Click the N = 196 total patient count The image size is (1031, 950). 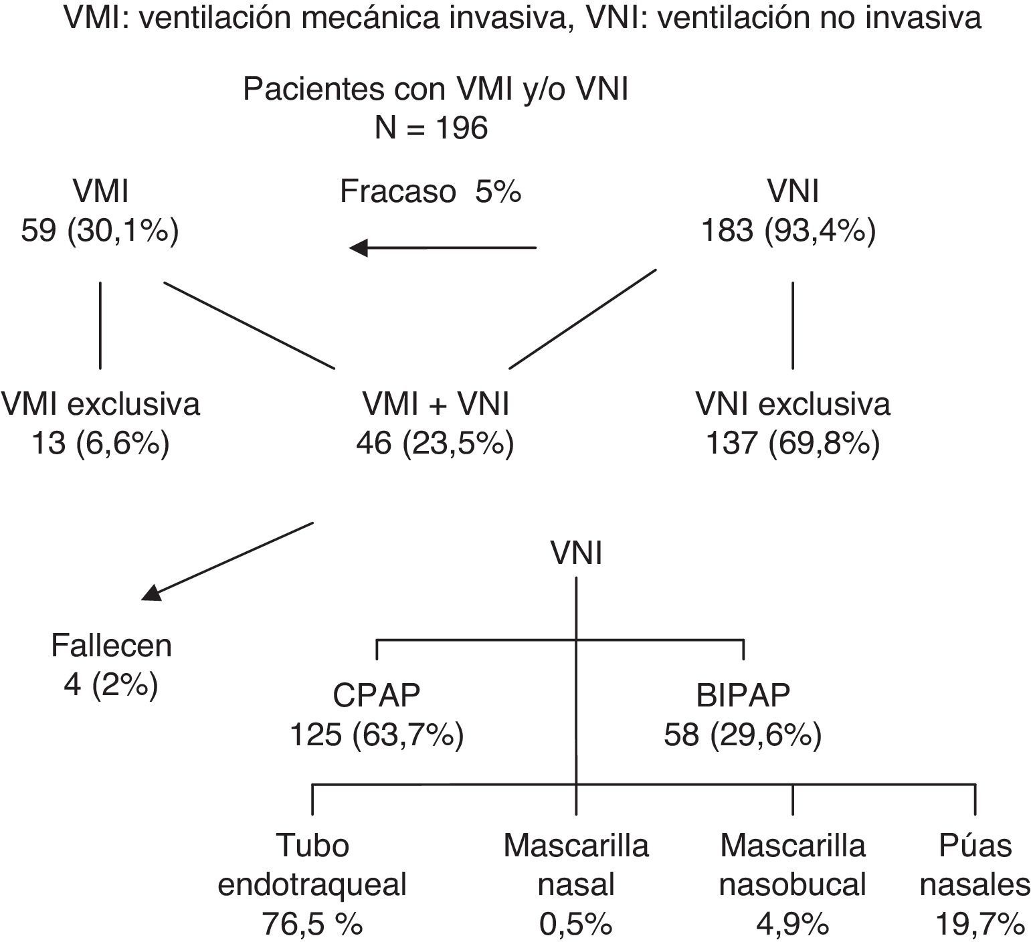point(431,128)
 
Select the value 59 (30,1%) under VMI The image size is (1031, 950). point(100,231)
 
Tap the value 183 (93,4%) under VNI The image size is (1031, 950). point(788,231)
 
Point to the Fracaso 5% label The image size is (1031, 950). point(430,192)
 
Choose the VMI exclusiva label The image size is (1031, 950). point(100,405)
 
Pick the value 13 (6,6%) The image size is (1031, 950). point(100,444)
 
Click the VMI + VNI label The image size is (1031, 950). point(436,405)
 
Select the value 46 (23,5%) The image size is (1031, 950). point(436,444)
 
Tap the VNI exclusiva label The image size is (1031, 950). point(793,405)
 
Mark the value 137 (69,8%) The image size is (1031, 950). point(793,444)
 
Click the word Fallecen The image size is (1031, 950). point(112,646)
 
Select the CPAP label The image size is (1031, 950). point(377,696)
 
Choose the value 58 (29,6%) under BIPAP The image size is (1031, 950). point(743,736)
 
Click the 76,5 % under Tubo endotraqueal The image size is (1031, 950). point(312,925)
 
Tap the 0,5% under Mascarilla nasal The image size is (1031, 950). point(576,925)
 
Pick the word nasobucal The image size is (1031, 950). point(792,885)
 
